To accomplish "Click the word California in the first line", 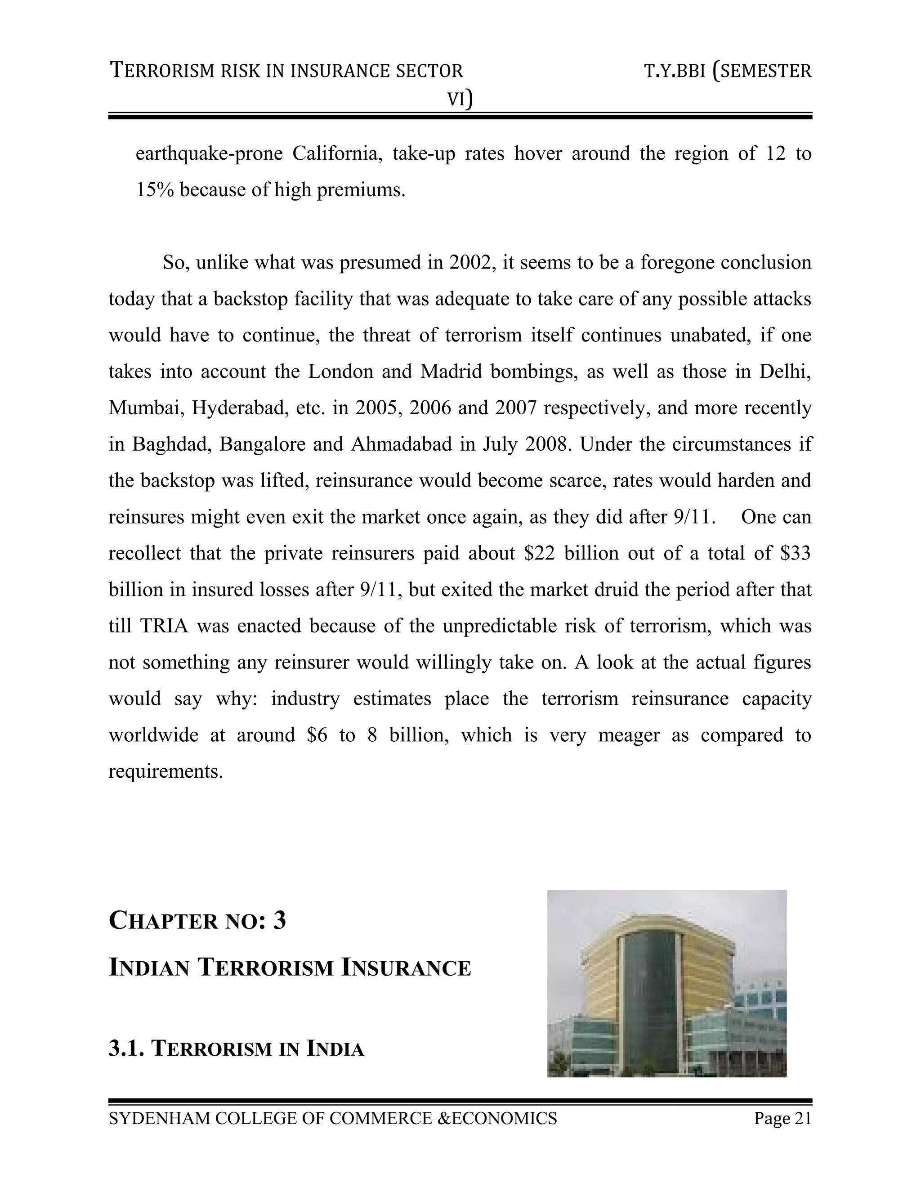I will click(x=335, y=153).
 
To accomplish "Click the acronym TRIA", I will click(x=164, y=626).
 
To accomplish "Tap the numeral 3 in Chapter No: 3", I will click(x=279, y=921).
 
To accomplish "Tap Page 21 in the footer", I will click(x=782, y=1118).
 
